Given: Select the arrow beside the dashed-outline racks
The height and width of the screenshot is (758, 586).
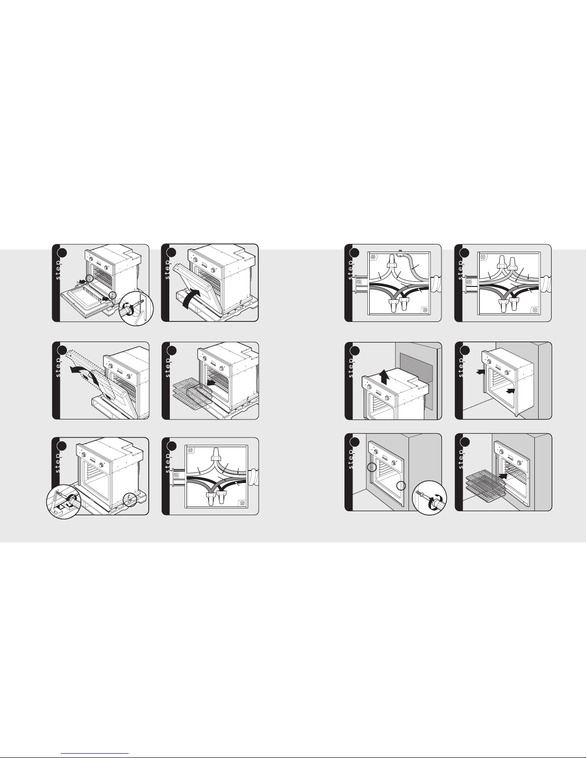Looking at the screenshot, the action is [x=210, y=383].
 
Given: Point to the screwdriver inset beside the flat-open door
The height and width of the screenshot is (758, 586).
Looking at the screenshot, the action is [x=136, y=308].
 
